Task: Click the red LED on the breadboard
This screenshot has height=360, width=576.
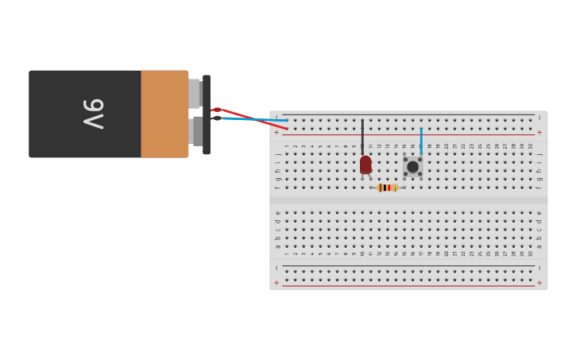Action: click(365, 165)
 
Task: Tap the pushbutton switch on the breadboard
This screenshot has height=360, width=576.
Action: click(412, 167)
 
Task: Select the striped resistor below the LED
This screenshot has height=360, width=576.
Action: click(388, 188)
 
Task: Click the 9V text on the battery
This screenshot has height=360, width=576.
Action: click(93, 114)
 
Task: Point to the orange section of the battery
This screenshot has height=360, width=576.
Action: click(164, 114)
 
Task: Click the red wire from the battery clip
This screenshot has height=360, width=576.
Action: click(254, 118)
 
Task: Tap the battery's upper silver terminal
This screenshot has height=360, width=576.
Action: click(194, 94)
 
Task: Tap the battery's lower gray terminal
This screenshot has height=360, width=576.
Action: click(196, 131)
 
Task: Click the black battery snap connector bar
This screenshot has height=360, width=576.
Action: click(207, 114)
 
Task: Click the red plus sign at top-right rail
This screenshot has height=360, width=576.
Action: click(539, 133)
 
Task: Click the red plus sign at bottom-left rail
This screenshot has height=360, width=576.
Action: click(276, 283)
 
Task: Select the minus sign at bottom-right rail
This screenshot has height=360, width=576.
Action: click(539, 268)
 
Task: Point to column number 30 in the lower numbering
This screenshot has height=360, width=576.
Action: click(531, 254)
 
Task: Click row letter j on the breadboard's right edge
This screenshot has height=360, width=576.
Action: click(539, 154)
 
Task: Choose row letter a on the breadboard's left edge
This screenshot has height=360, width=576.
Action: click(277, 246)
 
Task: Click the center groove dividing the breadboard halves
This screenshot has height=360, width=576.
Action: click(408, 199)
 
